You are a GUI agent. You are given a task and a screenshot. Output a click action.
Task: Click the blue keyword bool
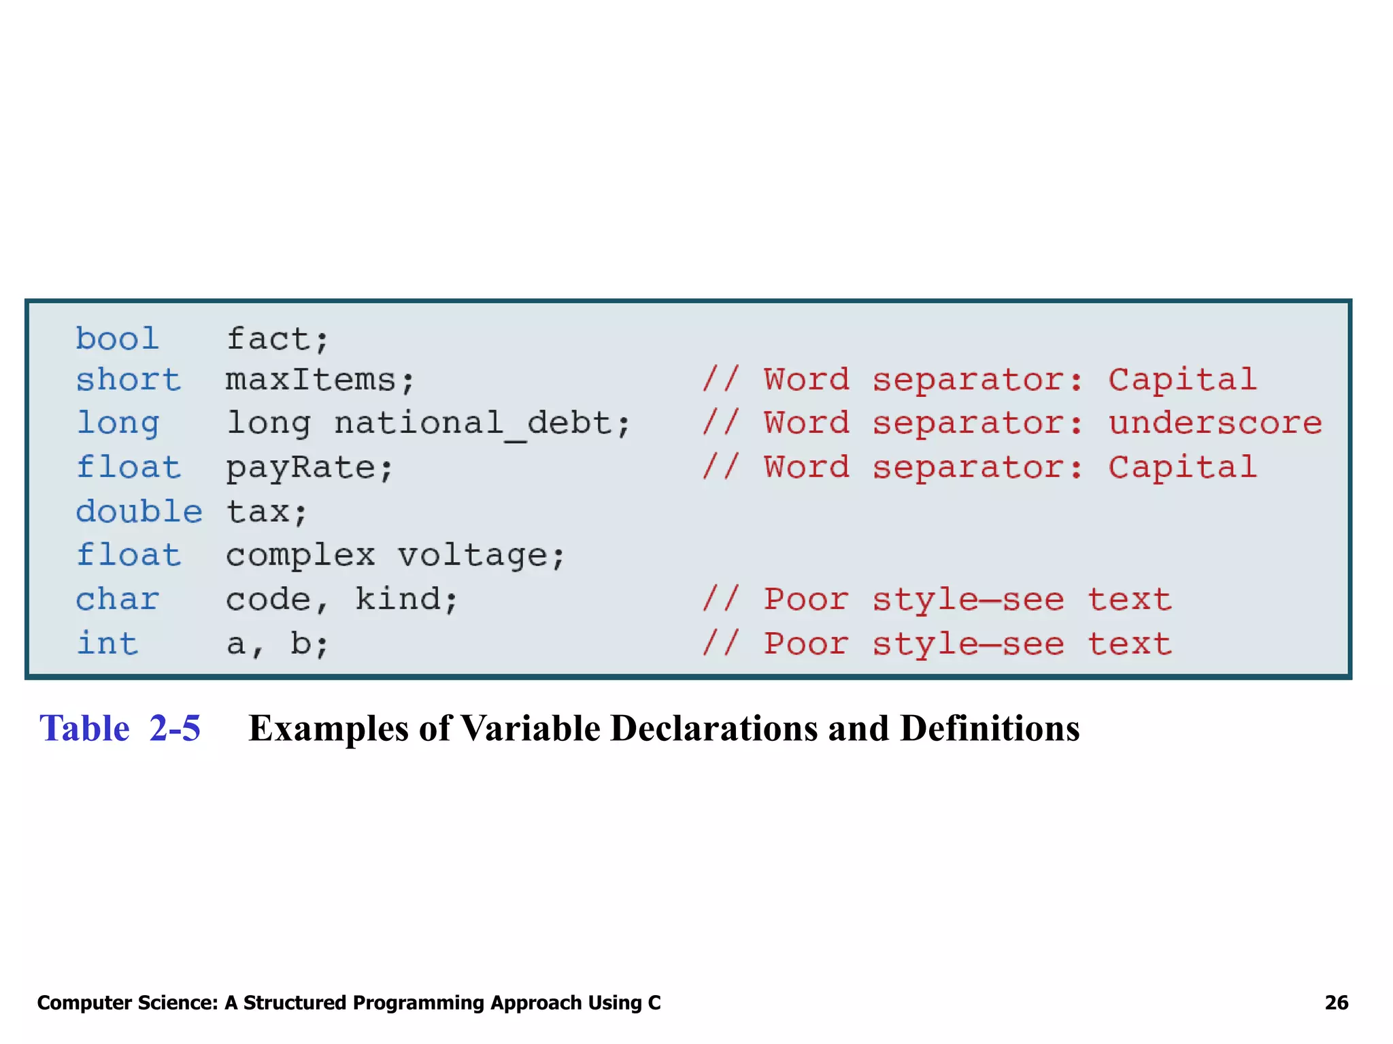click(x=117, y=338)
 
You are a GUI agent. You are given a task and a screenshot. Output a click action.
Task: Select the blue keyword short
click(x=128, y=379)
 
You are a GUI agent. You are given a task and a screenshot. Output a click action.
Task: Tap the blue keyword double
click(x=139, y=511)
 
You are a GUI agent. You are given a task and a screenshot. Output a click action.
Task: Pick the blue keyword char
click(x=117, y=599)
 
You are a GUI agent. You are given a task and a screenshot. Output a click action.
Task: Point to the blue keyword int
click(x=107, y=643)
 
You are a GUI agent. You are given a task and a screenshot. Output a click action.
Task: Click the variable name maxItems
click(x=310, y=379)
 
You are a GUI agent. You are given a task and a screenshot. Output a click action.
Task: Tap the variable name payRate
click(x=300, y=468)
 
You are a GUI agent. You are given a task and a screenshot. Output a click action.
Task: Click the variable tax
click(x=257, y=511)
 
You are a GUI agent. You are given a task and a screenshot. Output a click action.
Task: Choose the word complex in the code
click(x=300, y=555)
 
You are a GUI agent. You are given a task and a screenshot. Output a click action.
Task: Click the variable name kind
click(x=397, y=599)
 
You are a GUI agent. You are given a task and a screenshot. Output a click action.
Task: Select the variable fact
click(x=267, y=338)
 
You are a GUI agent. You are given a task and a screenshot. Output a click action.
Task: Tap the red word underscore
click(x=1215, y=423)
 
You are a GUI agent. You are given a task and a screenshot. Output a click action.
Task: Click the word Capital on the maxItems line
click(x=1182, y=379)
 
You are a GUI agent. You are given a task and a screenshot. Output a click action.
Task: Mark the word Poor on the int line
click(x=806, y=643)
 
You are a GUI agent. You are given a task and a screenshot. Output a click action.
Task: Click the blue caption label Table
click(x=84, y=728)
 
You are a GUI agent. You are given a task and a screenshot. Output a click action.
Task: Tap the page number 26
click(x=1336, y=1003)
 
